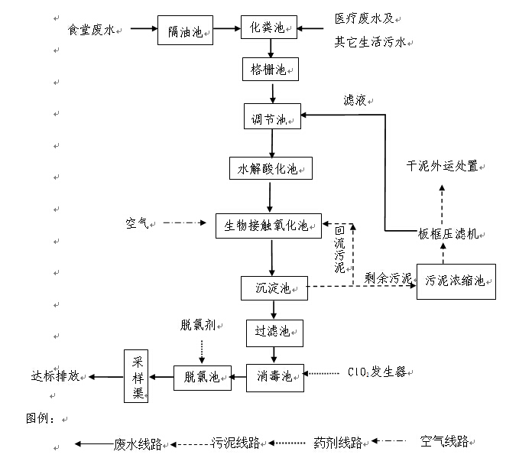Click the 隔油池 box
pos(185,31)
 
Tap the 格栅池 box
pos(269,70)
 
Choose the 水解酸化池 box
pos(271,167)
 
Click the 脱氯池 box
pos(202,376)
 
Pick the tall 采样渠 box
pos(138,375)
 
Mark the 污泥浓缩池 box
pos(456,281)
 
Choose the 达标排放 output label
pos(55,376)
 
